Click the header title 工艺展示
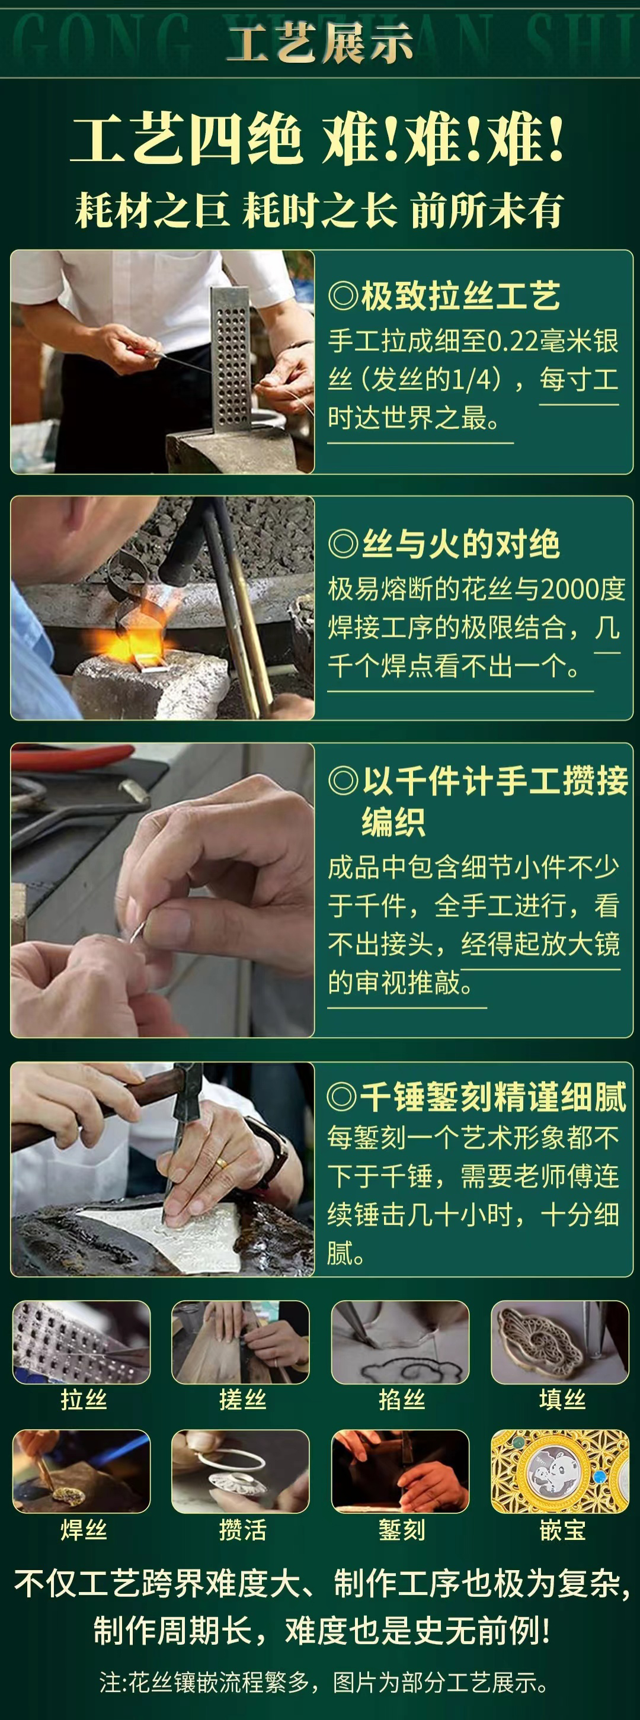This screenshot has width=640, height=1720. point(320,43)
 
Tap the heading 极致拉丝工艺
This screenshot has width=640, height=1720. point(444,296)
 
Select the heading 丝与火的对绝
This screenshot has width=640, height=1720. point(444,544)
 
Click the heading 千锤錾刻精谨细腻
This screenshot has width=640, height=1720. point(477,1096)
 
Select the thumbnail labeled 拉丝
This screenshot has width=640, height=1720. point(82,1342)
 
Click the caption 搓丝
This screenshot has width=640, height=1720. point(242,1399)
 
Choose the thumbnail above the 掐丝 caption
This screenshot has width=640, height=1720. point(400,1342)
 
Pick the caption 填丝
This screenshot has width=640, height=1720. point(562,1399)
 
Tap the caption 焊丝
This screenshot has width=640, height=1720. point(84,1529)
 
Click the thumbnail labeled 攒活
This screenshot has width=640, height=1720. point(241,1471)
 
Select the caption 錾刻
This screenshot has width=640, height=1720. point(402,1529)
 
